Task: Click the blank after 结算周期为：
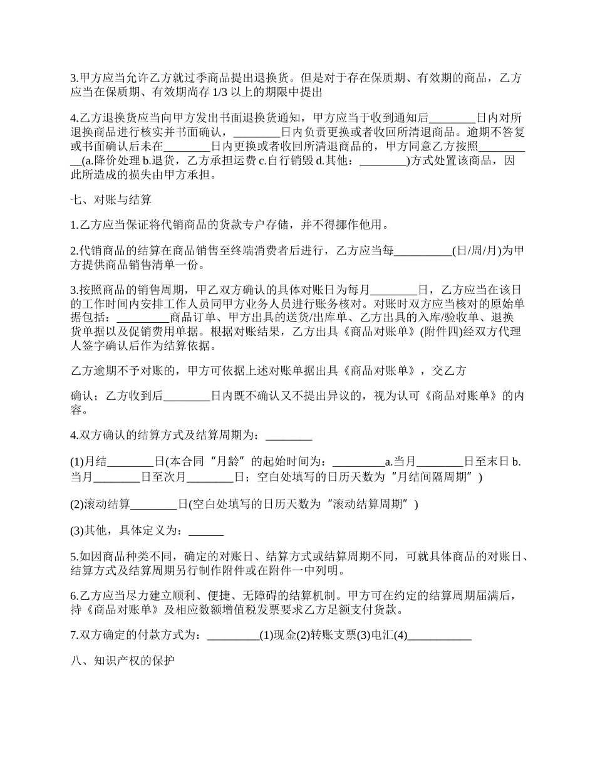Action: pyautogui.click(x=289, y=436)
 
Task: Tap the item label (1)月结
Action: pyautogui.click(x=88, y=463)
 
